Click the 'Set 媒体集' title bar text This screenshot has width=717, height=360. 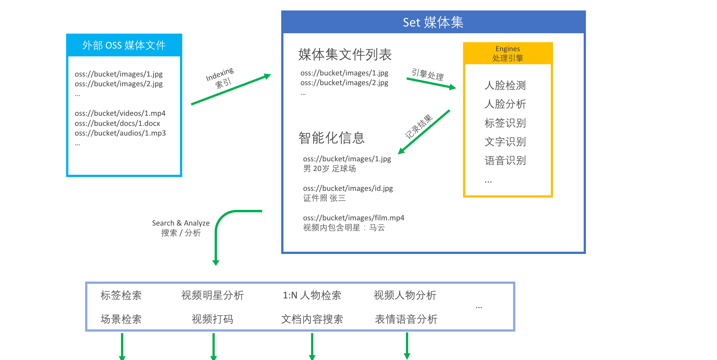(x=433, y=22)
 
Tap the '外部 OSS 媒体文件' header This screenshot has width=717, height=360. (x=124, y=45)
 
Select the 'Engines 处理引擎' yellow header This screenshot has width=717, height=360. (x=508, y=53)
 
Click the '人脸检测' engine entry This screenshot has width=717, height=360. (x=505, y=85)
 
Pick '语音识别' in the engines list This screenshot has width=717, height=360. (x=505, y=161)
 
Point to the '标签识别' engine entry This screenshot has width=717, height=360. (x=505, y=123)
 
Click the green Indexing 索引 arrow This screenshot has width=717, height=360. (x=231, y=89)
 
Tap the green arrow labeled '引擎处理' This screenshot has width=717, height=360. (x=431, y=83)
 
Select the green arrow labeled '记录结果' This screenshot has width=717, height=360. (x=424, y=132)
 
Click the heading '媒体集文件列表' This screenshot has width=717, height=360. (x=345, y=55)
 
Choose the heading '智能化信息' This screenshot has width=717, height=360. (x=331, y=138)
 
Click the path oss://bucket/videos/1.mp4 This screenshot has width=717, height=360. (x=120, y=113)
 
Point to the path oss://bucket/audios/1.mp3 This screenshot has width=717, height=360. (x=120, y=133)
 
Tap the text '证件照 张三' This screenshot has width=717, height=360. (x=325, y=198)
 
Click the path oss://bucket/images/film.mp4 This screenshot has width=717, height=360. (x=354, y=218)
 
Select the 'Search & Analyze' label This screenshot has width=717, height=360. (x=181, y=223)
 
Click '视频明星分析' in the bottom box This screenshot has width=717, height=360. (x=212, y=295)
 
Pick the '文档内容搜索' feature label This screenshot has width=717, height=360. (x=312, y=319)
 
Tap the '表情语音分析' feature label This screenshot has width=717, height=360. (x=406, y=319)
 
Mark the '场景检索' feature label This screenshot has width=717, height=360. (x=121, y=319)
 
